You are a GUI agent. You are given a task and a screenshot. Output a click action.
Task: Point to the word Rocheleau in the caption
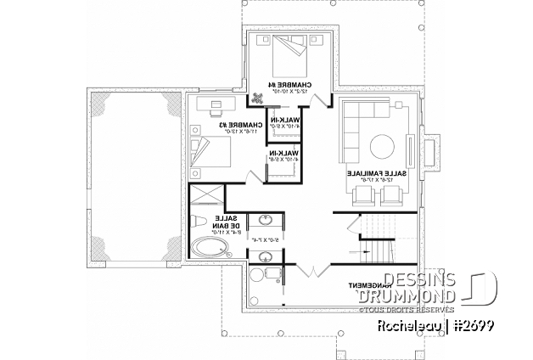click(x=390, y=325)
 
